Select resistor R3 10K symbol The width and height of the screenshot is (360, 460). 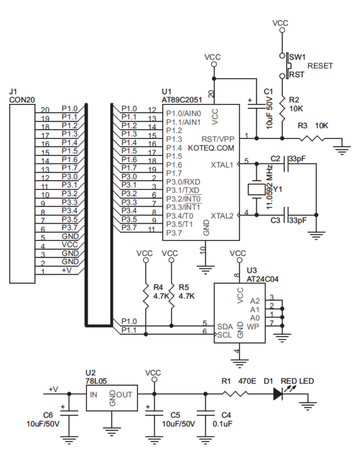point(311,139)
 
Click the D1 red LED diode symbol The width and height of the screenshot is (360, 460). point(277,394)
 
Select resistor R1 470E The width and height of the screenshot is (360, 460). point(235,394)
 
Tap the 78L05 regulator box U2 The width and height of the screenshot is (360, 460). point(112,398)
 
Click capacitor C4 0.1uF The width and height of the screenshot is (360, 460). point(209,414)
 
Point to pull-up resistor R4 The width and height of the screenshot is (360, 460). point(145,294)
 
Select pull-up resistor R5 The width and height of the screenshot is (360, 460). point(172,294)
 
